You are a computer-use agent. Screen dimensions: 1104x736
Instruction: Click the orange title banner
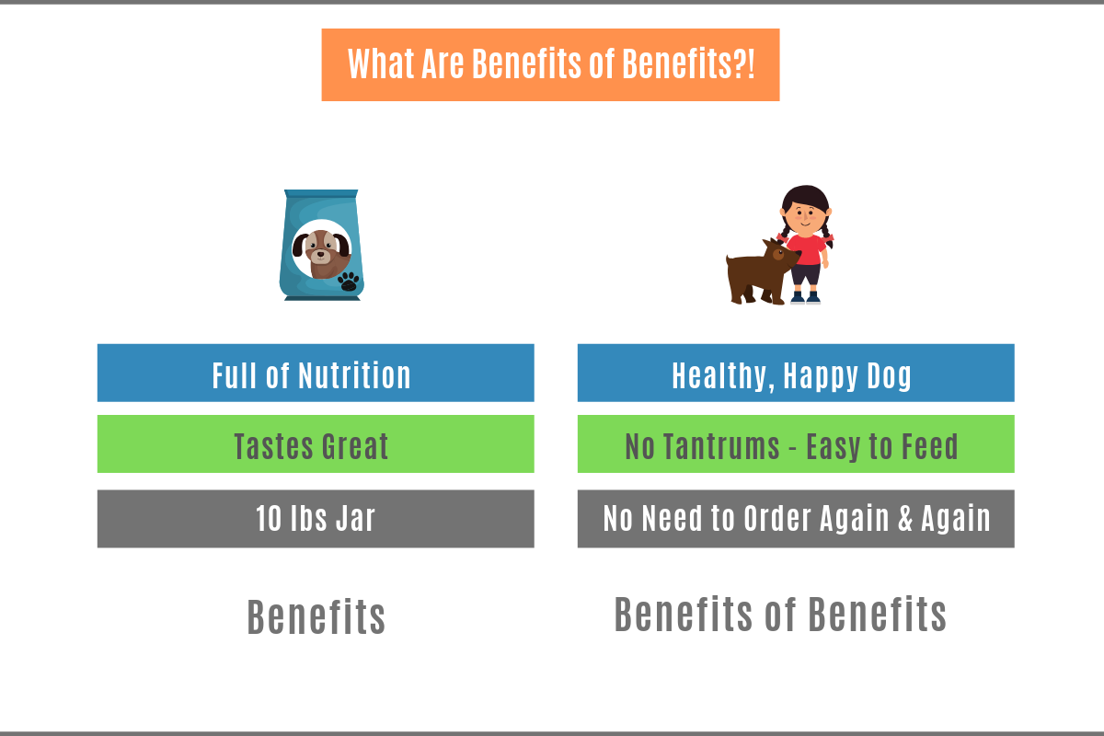click(550, 64)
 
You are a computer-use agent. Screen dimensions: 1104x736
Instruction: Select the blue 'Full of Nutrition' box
click(316, 373)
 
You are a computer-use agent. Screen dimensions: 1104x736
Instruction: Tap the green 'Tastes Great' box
click(316, 443)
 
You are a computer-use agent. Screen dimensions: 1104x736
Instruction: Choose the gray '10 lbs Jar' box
click(316, 519)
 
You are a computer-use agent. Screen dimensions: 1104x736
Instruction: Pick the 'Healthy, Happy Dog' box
click(796, 373)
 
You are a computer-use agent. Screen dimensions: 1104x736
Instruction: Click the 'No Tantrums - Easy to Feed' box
click(796, 443)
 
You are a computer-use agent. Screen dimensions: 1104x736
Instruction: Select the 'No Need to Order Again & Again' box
click(796, 519)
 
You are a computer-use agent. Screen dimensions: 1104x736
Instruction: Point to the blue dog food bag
click(321, 245)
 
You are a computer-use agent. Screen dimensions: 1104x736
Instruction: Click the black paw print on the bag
click(349, 282)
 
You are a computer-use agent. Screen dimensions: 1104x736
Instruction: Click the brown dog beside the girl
click(762, 272)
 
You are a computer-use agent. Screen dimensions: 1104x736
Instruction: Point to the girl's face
click(806, 218)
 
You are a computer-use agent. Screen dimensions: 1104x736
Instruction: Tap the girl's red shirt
click(807, 249)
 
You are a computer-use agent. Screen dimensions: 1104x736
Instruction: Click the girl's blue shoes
click(806, 298)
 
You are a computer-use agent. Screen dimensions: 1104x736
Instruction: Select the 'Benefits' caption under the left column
click(316, 616)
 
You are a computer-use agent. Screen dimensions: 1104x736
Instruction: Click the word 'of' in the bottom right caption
click(781, 615)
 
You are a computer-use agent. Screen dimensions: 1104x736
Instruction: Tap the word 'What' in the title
click(381, 64)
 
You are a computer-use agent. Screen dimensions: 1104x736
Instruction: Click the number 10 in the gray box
click(269, 519)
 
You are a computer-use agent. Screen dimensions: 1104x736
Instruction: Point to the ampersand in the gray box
click(905, 519)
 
